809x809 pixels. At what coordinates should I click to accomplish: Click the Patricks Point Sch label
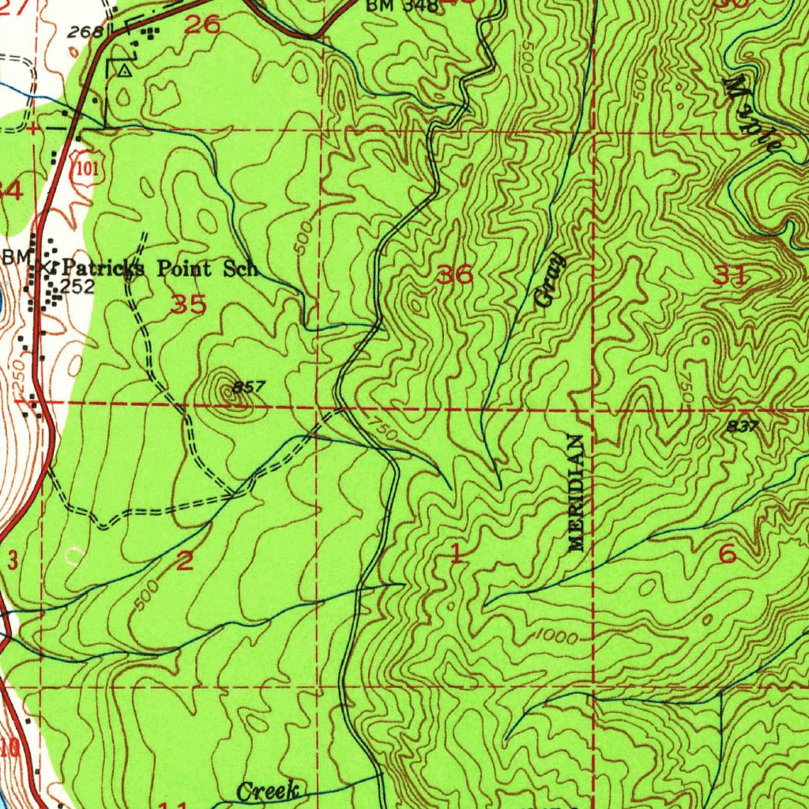(158, 268)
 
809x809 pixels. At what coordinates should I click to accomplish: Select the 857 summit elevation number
(246, 388)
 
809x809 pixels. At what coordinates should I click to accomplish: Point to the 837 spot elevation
(743, 426)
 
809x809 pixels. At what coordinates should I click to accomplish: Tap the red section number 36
(455, 276)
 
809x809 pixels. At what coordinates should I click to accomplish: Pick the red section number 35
(189, 304)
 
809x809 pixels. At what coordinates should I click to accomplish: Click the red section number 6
(727, 555)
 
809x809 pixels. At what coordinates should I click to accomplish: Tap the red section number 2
(185, 561)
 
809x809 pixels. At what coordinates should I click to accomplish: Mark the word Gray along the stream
(548, 280)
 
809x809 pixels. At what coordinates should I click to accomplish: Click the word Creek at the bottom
(269, 790)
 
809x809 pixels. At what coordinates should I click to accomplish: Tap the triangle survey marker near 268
(124, 71)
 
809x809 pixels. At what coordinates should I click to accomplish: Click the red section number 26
(201, 24)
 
